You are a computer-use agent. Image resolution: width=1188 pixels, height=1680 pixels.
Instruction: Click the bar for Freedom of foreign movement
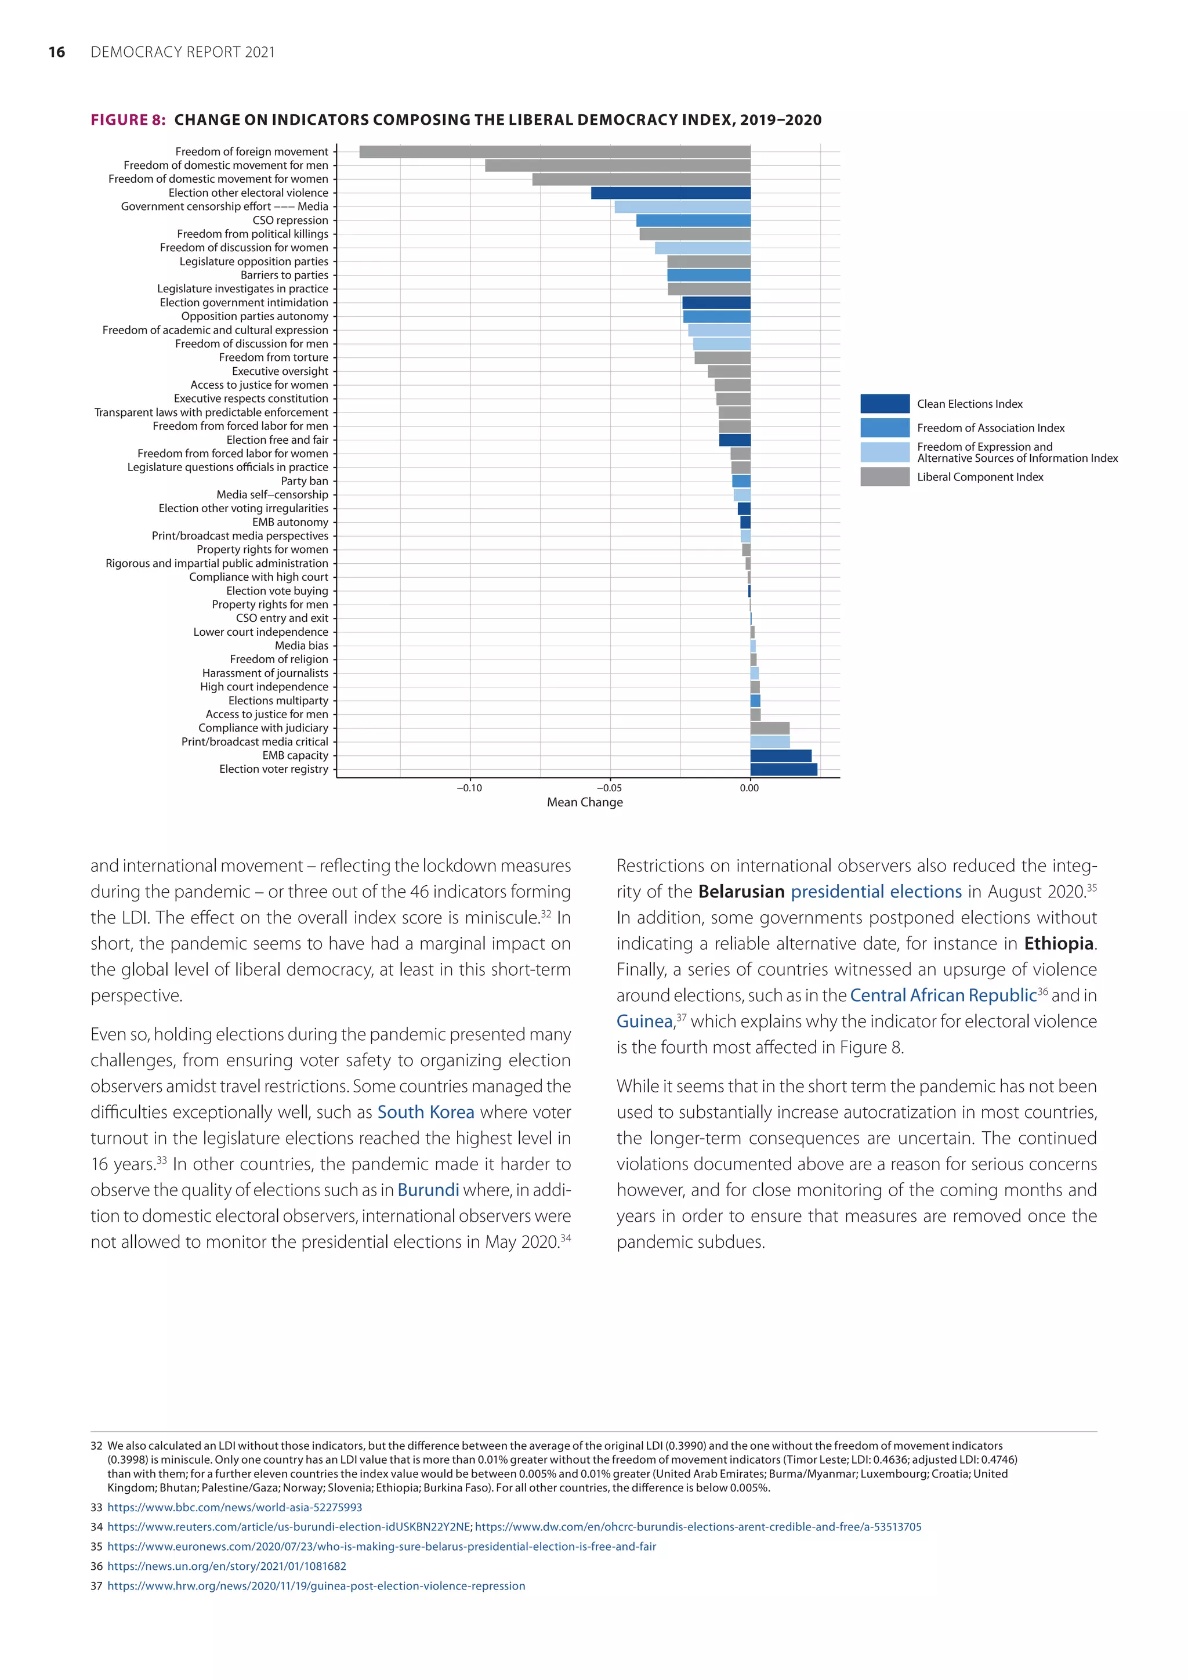555,151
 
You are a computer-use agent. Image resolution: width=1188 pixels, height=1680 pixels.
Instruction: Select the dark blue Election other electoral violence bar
670,193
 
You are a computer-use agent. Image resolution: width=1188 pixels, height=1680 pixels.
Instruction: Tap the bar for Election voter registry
784,769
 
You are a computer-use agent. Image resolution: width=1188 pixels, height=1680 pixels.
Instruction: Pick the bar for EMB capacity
781,756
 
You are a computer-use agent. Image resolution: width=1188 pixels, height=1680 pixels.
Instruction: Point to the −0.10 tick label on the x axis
469,788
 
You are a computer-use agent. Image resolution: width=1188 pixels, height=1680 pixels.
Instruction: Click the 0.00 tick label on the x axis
749,788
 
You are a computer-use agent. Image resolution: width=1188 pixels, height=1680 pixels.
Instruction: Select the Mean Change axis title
585,802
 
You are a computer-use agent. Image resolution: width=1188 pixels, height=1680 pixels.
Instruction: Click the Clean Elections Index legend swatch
885,404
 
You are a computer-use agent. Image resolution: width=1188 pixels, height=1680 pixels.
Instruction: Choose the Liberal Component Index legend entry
980,477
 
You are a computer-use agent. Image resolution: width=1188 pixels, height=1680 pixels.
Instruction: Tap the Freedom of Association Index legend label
991,428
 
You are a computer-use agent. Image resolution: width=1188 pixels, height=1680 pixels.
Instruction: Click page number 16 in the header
56,52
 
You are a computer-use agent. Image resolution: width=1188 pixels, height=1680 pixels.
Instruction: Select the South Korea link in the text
425,1112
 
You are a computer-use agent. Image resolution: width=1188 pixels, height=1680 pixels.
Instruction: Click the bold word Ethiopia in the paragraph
1059,944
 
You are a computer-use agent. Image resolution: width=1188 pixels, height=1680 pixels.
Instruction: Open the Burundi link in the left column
428,1190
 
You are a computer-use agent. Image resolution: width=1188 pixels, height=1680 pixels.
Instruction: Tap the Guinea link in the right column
644,1022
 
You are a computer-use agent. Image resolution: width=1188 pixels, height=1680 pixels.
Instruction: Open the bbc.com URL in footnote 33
234,1507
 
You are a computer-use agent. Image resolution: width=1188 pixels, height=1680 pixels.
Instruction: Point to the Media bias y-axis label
302,645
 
